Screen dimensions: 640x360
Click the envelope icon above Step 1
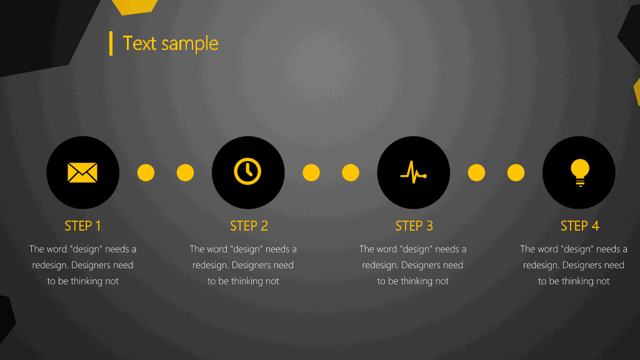(x=82, y=172)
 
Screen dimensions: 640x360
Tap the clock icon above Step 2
(x=247, y=171)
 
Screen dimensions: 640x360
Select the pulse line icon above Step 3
(x=414, y=172)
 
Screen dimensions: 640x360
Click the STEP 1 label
(x=83, y=226)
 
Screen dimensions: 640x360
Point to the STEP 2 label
(x=249, y=226)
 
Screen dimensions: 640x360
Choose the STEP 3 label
(x=414, y=226)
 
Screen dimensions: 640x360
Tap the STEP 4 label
(x=579, y=226)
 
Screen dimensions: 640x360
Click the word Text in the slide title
(x=139, y=43)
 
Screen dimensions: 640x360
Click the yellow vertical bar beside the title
(x=111, y=43)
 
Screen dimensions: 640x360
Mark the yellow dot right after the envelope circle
(x=146, y=172)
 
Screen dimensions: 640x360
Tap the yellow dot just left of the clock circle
(x=185, y=172)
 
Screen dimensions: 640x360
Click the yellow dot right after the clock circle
(x=311, y=172)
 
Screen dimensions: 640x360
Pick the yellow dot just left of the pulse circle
(x=351, y=172)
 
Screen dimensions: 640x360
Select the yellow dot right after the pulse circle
(x=476, y=172)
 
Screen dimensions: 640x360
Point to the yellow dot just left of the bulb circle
(x=516, y=172)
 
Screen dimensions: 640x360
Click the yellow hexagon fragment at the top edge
(x=135, y=6)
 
